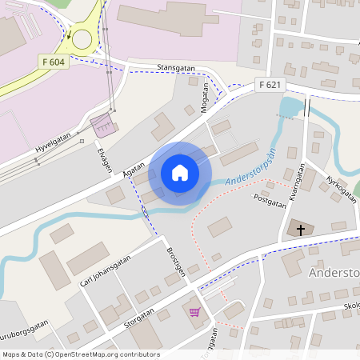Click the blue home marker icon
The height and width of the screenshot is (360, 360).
tap(180, 173)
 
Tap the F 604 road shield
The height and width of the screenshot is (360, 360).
tap(52, 62)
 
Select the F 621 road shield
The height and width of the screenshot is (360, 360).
tap(270, 84)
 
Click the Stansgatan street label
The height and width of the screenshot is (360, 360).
tap(177, 68)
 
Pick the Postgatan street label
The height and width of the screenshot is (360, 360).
tap(269, 200)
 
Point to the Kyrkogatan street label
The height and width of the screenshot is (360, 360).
tap(338, 185)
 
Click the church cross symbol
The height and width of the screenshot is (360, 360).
tap(301, 230)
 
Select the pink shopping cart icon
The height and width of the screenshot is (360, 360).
tap(194, 310)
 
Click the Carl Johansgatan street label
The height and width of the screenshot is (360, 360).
tap(105, 270)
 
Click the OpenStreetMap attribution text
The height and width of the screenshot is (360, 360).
tap(80, 354)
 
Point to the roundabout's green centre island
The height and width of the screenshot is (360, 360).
tap(82, 35)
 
